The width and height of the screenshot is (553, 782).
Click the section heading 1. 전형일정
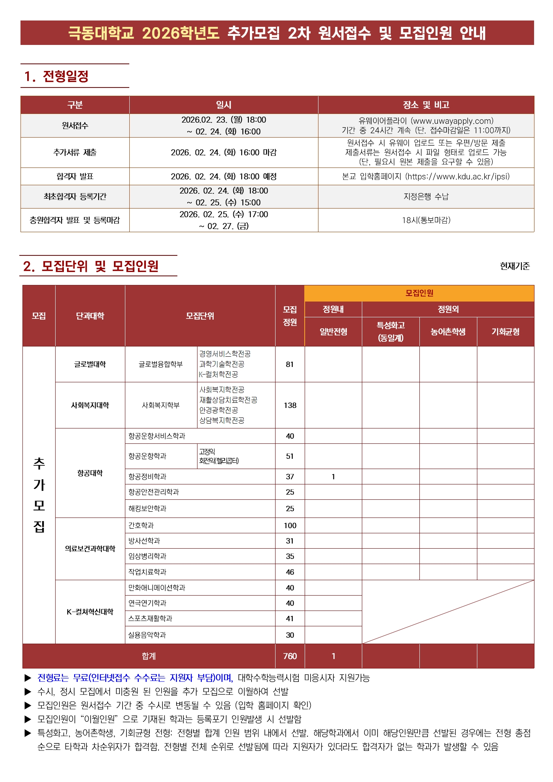tap(56, 76)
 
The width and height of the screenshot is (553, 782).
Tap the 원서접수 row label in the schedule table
tap(75, 125)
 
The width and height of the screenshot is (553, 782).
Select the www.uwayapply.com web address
tap(452, 121)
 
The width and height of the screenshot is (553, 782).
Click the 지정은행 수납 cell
tap(426, 196)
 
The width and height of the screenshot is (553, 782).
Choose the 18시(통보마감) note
tap(426, 220)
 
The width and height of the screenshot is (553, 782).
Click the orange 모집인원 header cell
tap(419, 293)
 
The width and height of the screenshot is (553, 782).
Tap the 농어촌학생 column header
tap(448, 331)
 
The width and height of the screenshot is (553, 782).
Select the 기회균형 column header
tap(505, 331)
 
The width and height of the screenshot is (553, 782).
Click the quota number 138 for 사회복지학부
tap(290, 405)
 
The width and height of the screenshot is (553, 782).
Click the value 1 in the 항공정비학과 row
tap(333, 477)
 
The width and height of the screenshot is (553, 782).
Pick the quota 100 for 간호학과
tap(290, 525)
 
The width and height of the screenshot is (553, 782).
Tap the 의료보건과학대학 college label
tap(90, 548)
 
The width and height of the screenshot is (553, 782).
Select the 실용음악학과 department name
tap(147, 635)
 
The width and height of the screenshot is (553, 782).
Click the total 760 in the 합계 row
tap(290, 656)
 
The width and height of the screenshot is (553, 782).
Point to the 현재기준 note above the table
tap(515, 266)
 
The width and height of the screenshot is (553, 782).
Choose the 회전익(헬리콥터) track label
tap(219, 461)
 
